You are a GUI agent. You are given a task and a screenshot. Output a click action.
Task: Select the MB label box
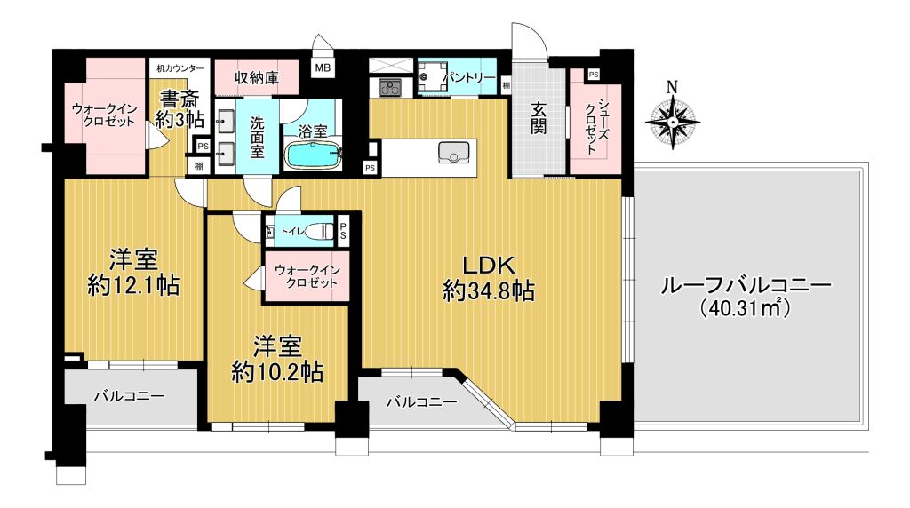click(323, 67)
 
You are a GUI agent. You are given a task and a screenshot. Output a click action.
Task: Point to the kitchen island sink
click(453, 152)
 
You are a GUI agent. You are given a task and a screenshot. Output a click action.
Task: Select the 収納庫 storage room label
click(257, 77)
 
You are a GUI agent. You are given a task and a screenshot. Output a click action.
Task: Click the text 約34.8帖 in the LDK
click(489, 290)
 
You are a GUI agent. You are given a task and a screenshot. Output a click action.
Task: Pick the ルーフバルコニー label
click(746, 285)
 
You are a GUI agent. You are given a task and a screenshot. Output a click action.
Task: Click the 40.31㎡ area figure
click(746, 307)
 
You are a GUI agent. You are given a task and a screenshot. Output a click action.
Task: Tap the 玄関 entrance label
click(538, 118)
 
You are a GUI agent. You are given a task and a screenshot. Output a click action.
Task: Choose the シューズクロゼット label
click(597, 126)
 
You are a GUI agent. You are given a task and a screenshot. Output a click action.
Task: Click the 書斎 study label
click(180, 98)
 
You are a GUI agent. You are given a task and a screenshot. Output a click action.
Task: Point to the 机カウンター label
click(180, 67)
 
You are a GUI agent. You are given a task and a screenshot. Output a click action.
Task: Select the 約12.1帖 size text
click(133, 285)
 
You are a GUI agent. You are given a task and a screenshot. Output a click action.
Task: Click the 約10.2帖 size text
click(277, 372)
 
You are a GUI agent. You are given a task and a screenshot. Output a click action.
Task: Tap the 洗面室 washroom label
click(258, 138)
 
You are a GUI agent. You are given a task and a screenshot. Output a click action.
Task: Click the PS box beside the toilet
click(343, 232)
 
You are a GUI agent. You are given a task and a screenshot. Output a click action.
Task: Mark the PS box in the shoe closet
click(593, 75)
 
